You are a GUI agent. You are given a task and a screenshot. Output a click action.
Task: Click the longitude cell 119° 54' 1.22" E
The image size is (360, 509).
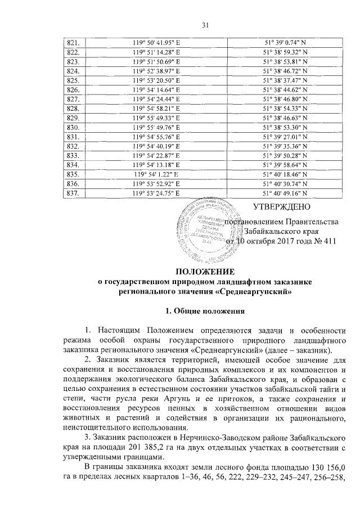point(155,175)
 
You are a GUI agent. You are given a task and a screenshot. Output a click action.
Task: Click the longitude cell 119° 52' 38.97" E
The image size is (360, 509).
point(155,71)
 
